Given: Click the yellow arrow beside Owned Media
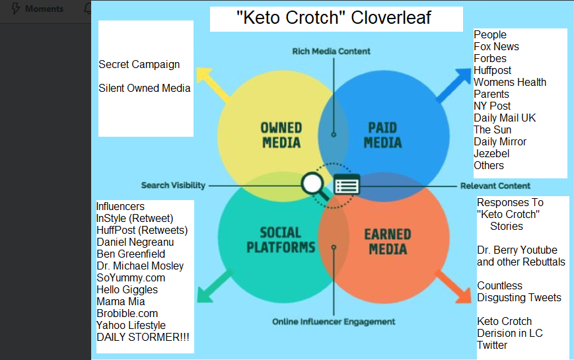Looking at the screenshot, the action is [x=213, y=85].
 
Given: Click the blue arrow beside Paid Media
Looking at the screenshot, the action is [x=453, y=85].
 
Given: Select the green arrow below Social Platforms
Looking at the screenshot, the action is [x=215, y=287].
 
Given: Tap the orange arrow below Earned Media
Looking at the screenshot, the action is [x=453, y=287].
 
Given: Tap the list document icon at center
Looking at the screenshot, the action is [x=347, y=184].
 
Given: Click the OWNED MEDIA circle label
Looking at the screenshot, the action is [x=281, y=135].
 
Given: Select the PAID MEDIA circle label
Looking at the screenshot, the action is [x=382, y=135].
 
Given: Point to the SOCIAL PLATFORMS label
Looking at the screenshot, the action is [x=281, y=240].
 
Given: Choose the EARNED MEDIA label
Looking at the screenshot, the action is [x=388, y=242].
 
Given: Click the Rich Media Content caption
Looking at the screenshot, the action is [x=331, y=52].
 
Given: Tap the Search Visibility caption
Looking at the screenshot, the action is [x=173, y=186].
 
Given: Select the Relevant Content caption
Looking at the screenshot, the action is [x=495, y=186].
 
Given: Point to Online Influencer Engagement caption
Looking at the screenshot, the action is [x=334, y=322].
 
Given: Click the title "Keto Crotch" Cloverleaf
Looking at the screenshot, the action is [x=334, y=18].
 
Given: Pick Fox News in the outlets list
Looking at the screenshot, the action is [x=497, y=46].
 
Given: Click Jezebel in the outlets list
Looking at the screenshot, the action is [x=491, y=153].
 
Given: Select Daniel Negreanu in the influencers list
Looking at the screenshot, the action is [x=135, y=242].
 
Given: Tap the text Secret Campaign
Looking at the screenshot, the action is [x=139, y=65].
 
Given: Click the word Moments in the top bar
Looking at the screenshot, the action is [x=44, y=9].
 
